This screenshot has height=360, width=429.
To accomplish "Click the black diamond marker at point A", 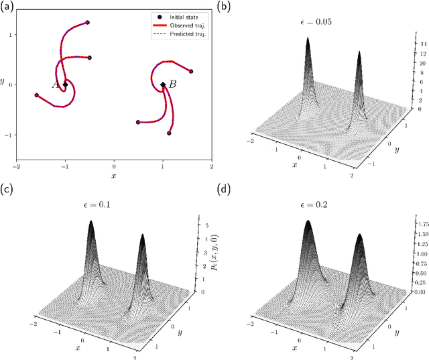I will pyautogui.click(x=65, y=84).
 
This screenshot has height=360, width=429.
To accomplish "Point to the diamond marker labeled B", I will pyautogui.click(x=163, y=84).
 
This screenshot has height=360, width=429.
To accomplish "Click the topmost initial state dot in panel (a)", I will pyautogui.click(x=87, y=23).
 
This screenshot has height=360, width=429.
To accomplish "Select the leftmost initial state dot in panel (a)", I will pyautogui.click(x=36, y=95).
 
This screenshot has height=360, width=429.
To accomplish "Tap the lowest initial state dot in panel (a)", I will pyautogui.click(x=168, y=133).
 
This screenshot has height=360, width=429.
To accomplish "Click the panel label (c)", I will pyautogui.click(x=8, y=190).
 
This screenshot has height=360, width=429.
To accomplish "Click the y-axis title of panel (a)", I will pyautogui.click(x=5, y=82).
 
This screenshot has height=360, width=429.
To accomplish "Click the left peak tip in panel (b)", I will pyautogui.click(x=308, y=38).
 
